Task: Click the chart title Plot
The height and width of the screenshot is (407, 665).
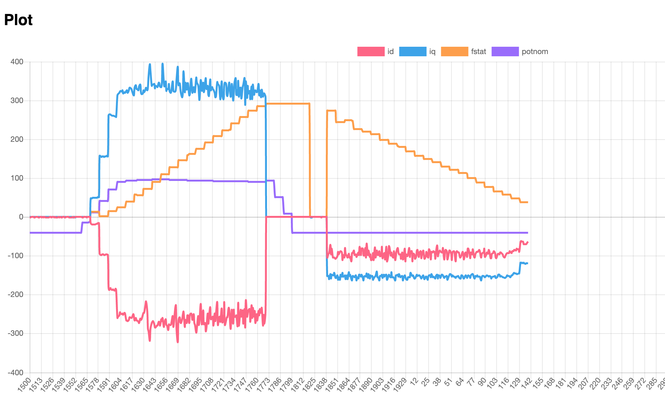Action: tap(18, 20)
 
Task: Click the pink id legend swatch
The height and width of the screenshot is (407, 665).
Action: tap(371, 52)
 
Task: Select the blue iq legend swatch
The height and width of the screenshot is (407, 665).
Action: tap(412, 52)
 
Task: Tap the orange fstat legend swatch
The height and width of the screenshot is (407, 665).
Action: tap(454, 52)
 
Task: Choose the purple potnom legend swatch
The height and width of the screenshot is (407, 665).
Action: tap(505, 52)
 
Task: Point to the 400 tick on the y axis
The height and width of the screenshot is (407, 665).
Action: tap(17, 62)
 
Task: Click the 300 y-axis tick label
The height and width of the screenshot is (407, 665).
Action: tap(17, 100)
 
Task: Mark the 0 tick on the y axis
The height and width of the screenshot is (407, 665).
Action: tap(21, 217)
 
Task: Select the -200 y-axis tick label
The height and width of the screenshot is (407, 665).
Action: tap(16, 294)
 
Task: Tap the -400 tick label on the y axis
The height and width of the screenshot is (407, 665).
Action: tap(16, 372)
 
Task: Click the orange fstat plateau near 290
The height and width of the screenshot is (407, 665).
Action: tap(288, 104)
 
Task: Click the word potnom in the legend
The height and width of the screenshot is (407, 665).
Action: tap(535, 52)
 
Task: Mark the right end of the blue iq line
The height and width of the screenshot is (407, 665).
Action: tap(527, 263)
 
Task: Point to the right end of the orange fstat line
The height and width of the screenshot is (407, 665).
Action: tap(527, 202)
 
